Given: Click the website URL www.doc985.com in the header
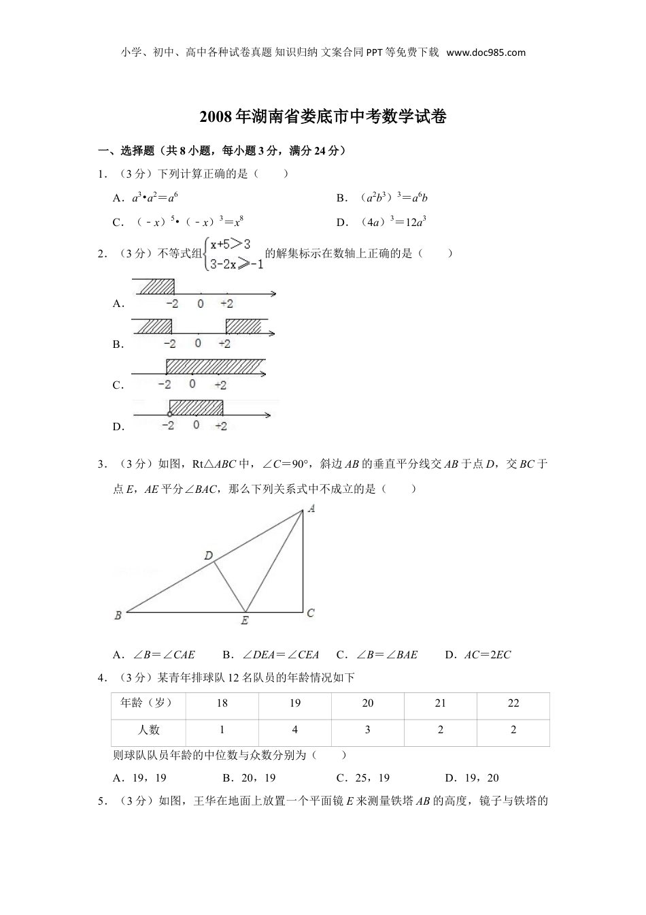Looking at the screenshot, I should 486,52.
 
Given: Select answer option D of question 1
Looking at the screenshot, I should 381,222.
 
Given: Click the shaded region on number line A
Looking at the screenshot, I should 154,287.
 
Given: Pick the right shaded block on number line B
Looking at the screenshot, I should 243,326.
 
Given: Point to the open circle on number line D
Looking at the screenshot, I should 169,414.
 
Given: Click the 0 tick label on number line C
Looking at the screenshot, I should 192,384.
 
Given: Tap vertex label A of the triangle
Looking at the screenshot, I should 311,508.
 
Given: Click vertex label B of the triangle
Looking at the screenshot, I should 118,615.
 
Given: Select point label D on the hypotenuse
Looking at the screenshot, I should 209,556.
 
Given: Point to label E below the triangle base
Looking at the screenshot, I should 245,620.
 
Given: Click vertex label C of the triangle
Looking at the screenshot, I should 311,613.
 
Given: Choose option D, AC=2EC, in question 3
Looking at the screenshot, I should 478,655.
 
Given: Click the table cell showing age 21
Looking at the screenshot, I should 441,703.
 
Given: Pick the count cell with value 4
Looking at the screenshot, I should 294,730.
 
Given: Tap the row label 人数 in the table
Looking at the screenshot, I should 148,730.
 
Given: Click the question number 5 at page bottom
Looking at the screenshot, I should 101,801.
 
